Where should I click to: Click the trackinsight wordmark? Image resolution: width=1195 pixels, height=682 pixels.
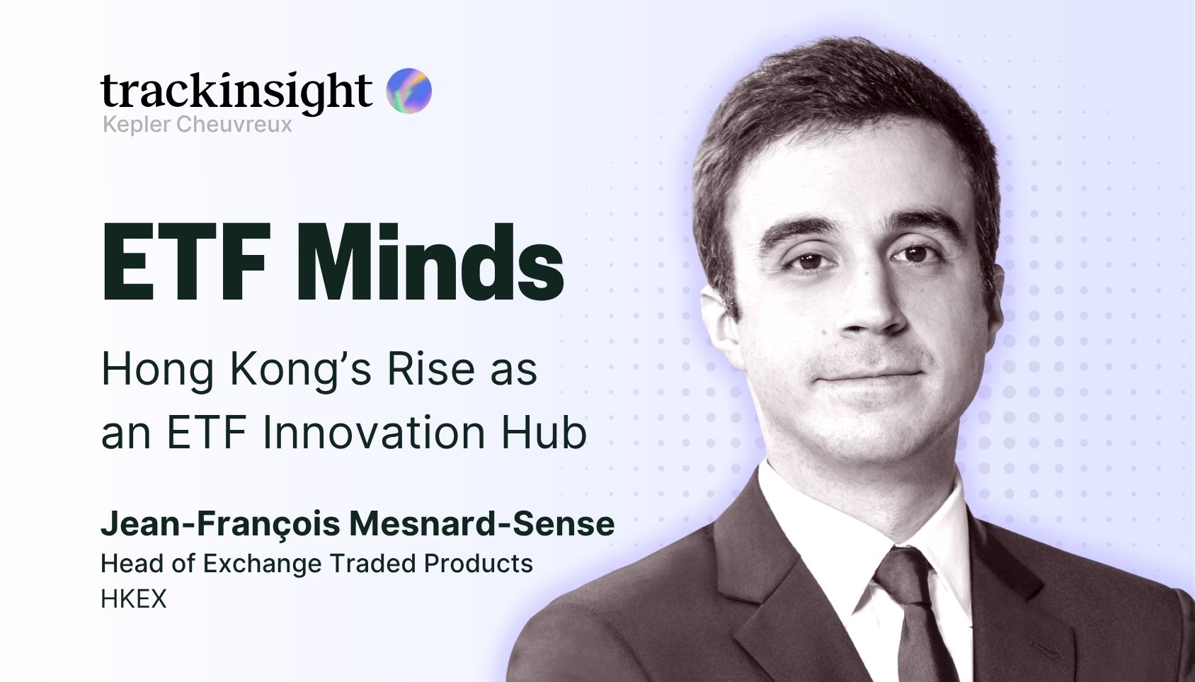(x=236, y=92)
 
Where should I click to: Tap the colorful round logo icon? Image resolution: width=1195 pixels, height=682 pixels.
(x=408, y=91)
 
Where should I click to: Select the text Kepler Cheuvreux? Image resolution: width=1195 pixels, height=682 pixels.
(x=198, y=125)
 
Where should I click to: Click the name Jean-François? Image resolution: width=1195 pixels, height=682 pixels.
(x=220, y=524)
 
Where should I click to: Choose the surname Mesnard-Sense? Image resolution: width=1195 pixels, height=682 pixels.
(x=482, y=523)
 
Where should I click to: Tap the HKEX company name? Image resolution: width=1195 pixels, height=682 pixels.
(x=133, y=598)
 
